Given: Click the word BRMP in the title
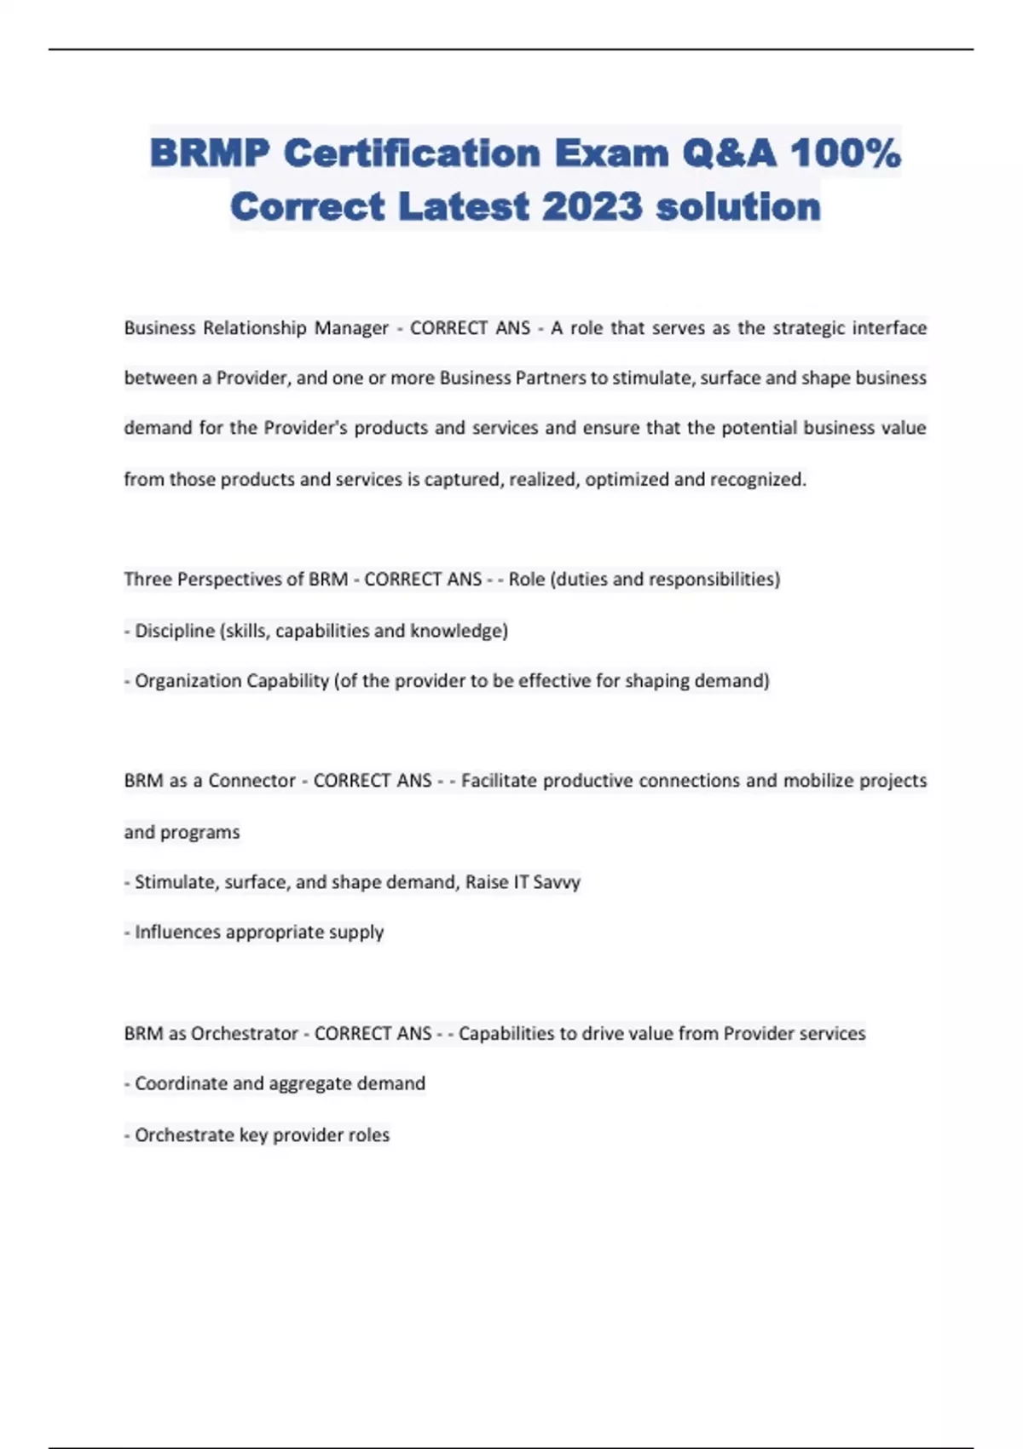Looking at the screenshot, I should pos(210,153).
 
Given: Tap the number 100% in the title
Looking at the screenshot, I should pos(845,153).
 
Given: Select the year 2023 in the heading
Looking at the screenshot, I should pos(592,206).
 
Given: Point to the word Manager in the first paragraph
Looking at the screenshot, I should pos(351,328).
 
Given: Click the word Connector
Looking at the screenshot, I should pos(251,781).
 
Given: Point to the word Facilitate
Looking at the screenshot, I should pos(499,781).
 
